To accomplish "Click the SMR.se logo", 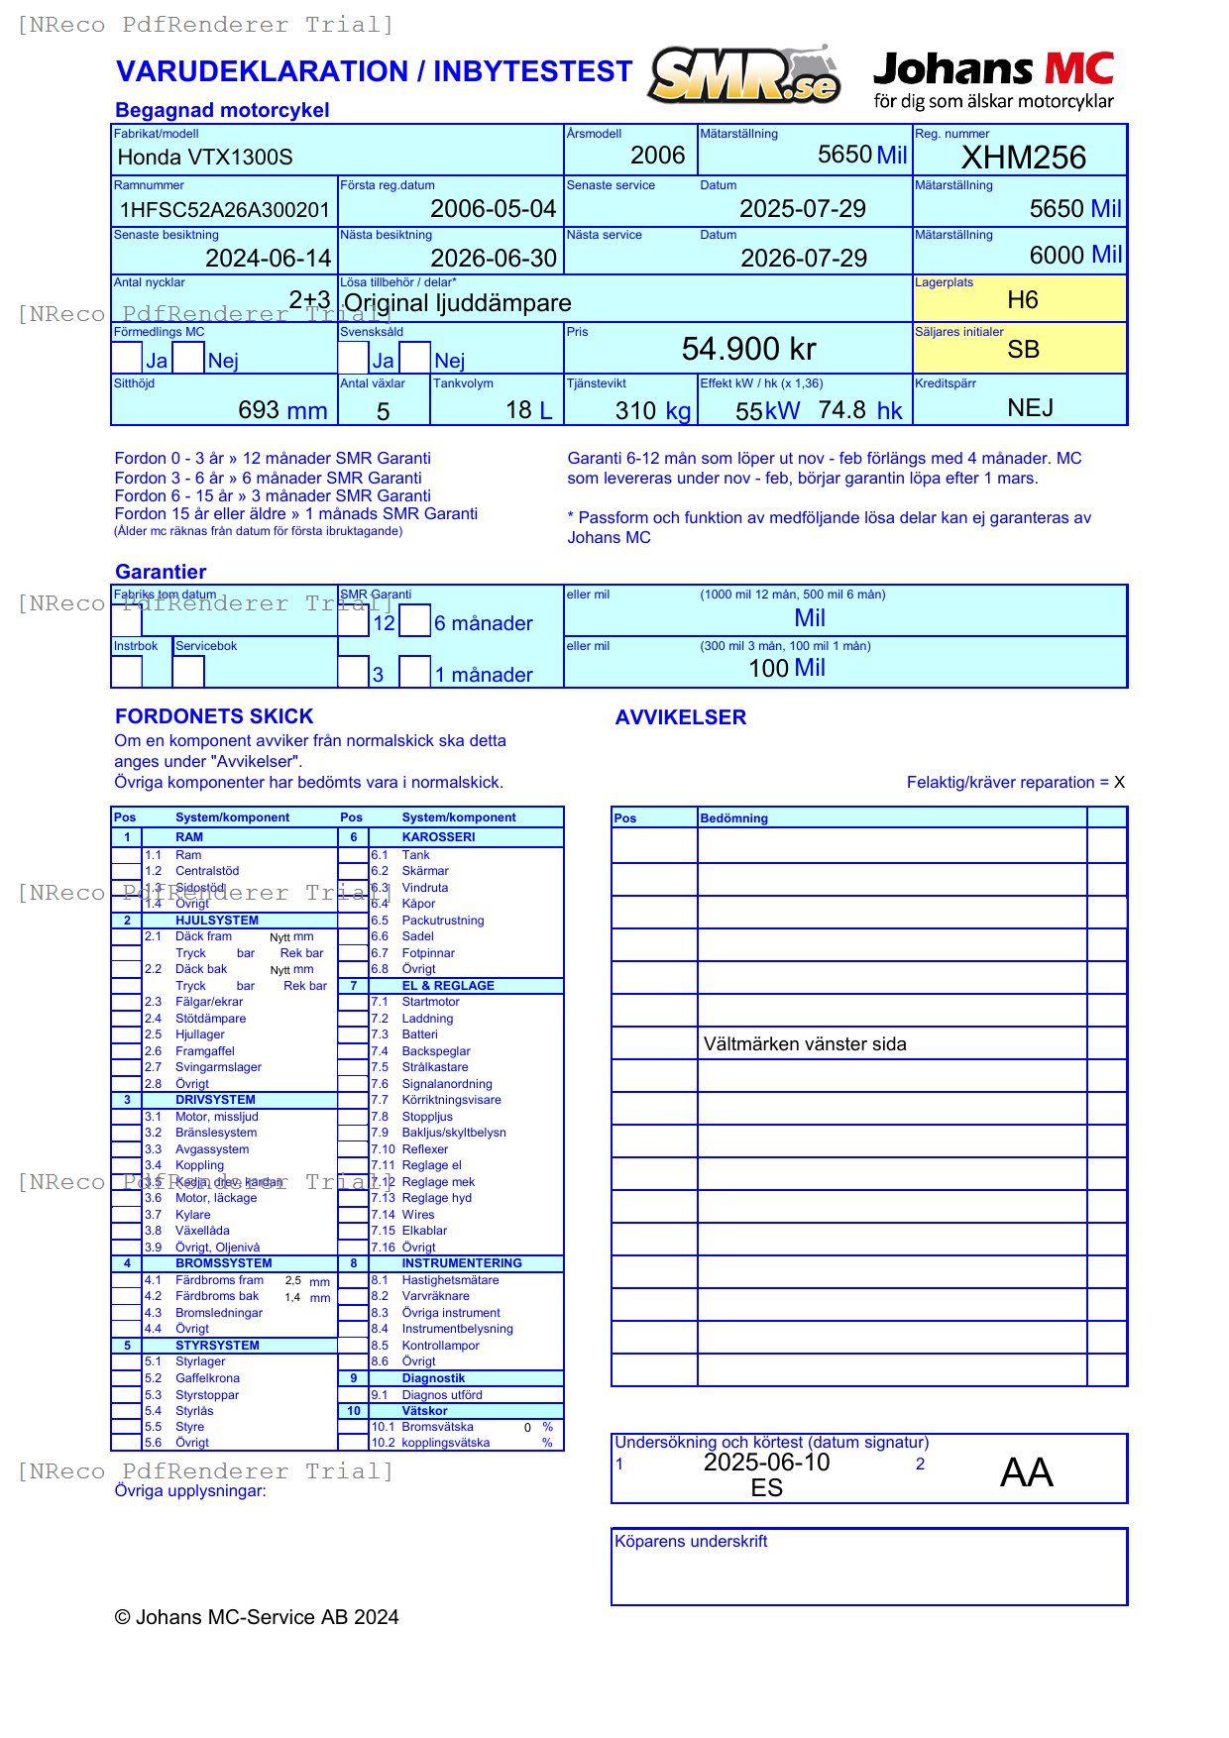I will (x=745, y=75).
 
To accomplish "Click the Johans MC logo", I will (x=993, y=79).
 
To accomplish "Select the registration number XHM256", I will (x=1023, y=158).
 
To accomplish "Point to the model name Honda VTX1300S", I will (x=205, y=157).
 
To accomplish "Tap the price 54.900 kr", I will (x=748, y=349).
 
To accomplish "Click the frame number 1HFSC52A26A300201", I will (x=224, y=209).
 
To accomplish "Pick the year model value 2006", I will (x=657, y=156).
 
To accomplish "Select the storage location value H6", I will (x=1022, y=300).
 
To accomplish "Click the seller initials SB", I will (x=1023, y=350).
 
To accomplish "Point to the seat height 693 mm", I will (x=282, y=410).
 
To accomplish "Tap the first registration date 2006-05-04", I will (x=493, y=209).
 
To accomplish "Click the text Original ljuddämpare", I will (x=457, y=303).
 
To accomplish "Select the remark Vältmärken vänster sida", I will (x=804, y=1044).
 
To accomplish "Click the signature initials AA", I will (x=1026, y=1472).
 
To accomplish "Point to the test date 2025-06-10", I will (x=766, y=1463).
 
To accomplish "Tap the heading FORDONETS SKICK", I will (x=214, y=716).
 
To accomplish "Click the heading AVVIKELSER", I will (x=680, y=717).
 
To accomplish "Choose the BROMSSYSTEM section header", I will (x=223, y=1263).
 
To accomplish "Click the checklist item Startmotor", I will (x=430, y=1002).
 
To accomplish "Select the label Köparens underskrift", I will (x=691, y=1542).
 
